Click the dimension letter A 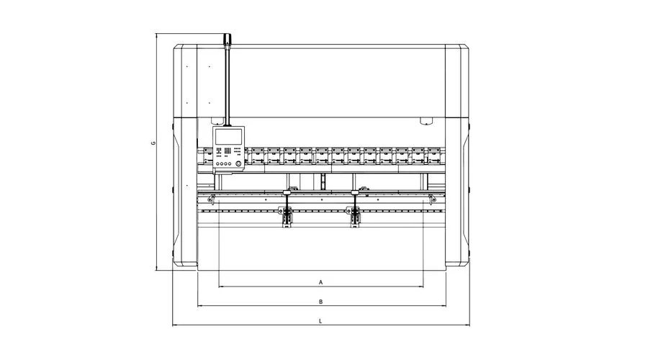[x=320, y=282]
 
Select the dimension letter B [x=320, y=302]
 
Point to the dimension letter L [x=320, y=320]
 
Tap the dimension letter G [x=153, y=143]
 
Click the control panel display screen [x=228, y=136]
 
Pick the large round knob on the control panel [x=238, y=164]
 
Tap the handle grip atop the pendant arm [x=227, y=40]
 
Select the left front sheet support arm [x=286, y=209]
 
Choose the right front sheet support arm [x=355, y=209]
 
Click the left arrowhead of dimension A [x=220, y=287]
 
